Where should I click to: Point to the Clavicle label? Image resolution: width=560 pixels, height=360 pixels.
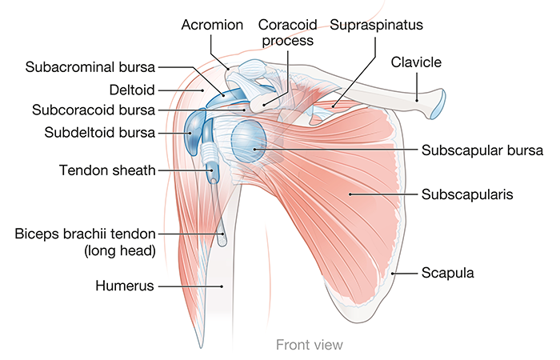point(417,61)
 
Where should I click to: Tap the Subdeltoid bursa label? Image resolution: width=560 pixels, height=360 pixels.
point(100,132)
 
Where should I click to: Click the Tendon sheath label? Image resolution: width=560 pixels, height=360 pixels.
point(107,170)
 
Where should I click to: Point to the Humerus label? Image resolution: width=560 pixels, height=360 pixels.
point(124,285)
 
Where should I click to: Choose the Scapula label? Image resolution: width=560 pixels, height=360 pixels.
point(448,273)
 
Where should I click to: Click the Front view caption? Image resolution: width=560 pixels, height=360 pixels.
point(309,345)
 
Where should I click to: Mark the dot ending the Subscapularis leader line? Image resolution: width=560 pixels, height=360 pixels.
point(349,194)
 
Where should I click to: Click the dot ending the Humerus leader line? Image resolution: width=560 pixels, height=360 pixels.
point(222,285)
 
